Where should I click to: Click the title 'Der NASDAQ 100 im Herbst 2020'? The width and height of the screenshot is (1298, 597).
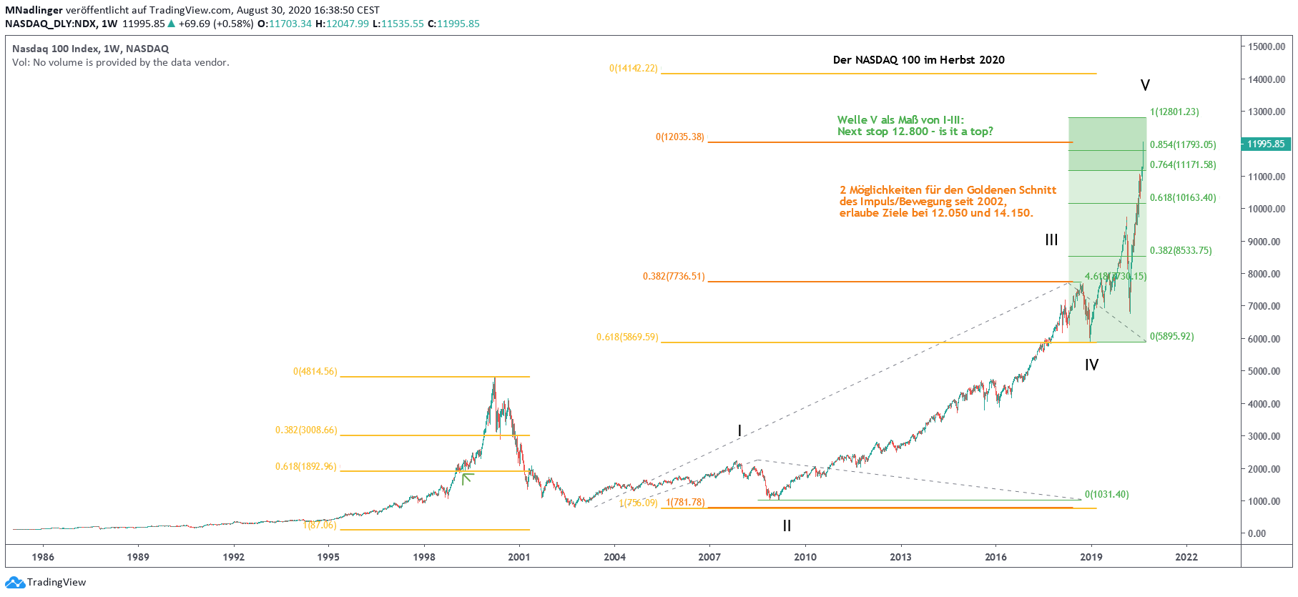918,60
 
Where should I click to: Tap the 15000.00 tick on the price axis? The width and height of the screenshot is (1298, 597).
1267,46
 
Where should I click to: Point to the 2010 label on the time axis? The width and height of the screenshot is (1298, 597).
805,557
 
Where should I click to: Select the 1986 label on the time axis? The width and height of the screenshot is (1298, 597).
43,557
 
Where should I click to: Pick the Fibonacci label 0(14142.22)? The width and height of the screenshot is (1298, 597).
633,69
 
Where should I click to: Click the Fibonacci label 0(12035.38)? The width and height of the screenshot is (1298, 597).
679,137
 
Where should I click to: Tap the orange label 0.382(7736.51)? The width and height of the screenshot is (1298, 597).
673,276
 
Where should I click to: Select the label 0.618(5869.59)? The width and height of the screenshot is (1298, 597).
627,337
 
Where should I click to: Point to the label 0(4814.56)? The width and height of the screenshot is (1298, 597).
315,371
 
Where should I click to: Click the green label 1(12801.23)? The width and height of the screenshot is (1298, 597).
1174,112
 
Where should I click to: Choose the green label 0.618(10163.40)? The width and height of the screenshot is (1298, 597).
1183,197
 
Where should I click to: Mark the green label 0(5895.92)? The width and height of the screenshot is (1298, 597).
1171,336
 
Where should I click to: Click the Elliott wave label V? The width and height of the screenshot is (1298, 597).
1145,86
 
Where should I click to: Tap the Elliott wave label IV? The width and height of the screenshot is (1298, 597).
1091,365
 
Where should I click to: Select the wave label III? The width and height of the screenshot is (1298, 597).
1051,240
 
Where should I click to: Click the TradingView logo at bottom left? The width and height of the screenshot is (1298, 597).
46,582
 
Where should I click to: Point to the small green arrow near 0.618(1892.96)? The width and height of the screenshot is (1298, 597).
467,478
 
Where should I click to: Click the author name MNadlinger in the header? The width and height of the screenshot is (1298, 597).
34,10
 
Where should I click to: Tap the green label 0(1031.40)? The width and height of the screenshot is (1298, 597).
1106,494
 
